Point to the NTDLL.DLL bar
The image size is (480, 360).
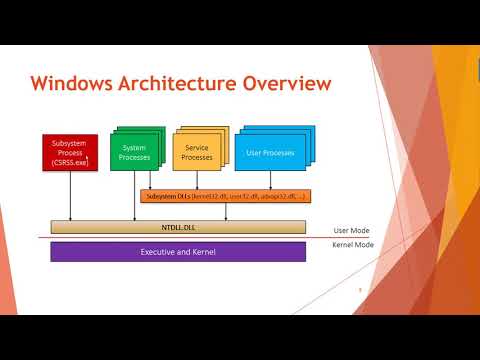coord(178,227)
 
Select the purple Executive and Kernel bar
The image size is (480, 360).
coord(178,252)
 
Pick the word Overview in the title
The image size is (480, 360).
coord(290,84)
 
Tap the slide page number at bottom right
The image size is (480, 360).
coord(360,291)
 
